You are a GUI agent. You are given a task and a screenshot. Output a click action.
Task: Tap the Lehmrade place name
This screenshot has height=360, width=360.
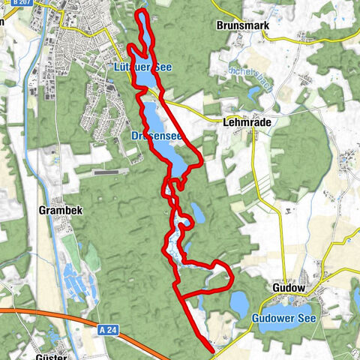tap(245, 121)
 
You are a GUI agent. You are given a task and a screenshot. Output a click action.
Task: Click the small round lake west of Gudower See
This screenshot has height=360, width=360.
tap(239, 302)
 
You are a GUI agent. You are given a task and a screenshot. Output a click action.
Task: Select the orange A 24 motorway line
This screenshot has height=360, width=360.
tap(45, 311)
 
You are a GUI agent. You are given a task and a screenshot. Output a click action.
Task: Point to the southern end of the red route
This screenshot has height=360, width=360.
tap(214, 347)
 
